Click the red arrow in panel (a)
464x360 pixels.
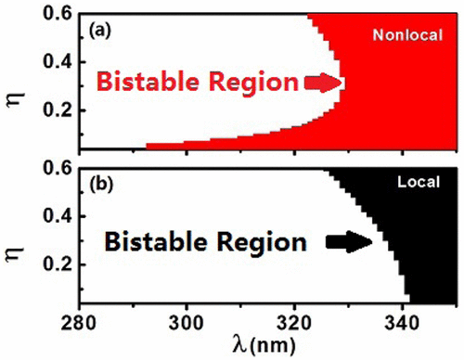pos(324,84)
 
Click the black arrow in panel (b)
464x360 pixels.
pos(345,243)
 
